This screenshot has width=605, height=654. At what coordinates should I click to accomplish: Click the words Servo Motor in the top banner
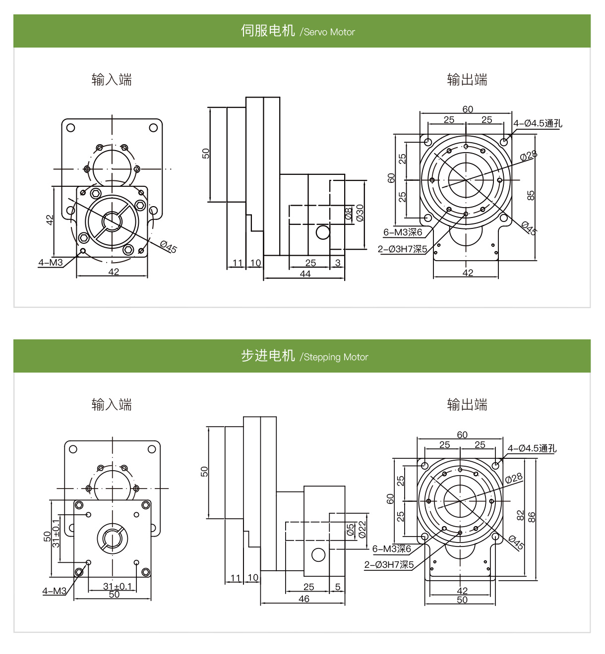pyautogui.click(x=329, y=32)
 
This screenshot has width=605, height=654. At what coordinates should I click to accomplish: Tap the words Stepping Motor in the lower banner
pyautogui.click(x=336, y=357)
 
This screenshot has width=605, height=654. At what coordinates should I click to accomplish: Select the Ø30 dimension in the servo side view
pyautogui.click(x=360, y=212)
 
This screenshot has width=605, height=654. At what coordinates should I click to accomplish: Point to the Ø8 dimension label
pyautogui.click(x=349, y=214)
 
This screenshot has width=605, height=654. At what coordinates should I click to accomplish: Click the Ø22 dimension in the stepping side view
pyautogui.click(x=362, y=529)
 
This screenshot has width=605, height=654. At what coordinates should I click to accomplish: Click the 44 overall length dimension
pyautogui.click(x=305, y=274)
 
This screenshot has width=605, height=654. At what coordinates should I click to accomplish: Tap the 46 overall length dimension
pyautogui.click(x=304, y=599)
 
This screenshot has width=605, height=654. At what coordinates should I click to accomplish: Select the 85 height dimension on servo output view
pyautogui.click(x=531, y=196)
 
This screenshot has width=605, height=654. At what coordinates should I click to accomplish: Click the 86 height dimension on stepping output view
pyautogui.click(x=532, y=517)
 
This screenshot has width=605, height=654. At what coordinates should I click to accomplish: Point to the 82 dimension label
pyautogui.click(x=520, y=515)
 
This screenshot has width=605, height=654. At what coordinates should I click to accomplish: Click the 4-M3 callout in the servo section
pyautogui.click(x=51, y=263)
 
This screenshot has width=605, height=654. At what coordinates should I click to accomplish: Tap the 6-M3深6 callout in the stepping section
pyautogui.click(x=392, y=549)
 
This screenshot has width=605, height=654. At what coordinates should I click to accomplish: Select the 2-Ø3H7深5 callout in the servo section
pyautogui.click(x=402, y=249)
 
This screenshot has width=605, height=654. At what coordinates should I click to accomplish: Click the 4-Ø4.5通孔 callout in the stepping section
pyautogui.click(x=532, y=448)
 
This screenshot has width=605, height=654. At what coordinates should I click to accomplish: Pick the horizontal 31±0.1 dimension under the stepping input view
pyautogui.click(x=118, y=586)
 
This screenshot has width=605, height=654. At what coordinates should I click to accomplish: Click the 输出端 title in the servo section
pyautogui.click(x=467, y=80)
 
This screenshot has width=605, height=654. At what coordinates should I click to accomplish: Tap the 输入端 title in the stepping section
pyautogui.click(x=112, y=405)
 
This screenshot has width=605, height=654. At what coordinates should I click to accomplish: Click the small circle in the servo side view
pyautogui.click(x=323, y=232)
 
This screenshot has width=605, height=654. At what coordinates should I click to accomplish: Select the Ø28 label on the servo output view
pyautogui.click(x=528, y=156)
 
